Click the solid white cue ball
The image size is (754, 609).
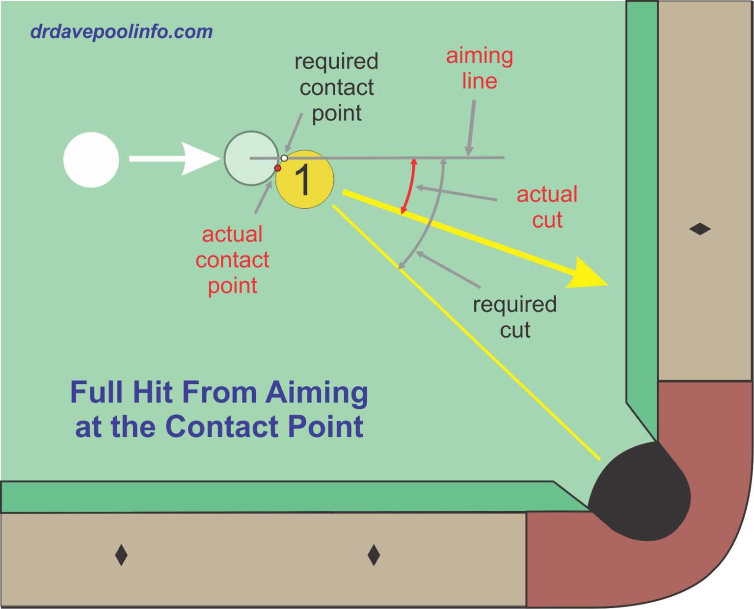91,159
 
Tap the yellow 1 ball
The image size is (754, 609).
305,180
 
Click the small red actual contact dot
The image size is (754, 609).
278,168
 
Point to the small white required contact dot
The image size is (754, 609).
284,158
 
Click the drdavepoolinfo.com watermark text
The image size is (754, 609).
121,32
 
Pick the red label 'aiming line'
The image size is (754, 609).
479,68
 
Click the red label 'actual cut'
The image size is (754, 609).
547,207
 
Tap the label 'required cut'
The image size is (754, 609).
514,317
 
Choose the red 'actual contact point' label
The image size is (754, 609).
232,260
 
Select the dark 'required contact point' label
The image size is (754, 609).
337,87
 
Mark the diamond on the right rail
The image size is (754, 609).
700,229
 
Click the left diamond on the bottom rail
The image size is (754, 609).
121,555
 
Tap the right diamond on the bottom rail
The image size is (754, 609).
374,555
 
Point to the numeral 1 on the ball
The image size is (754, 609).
303,180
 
